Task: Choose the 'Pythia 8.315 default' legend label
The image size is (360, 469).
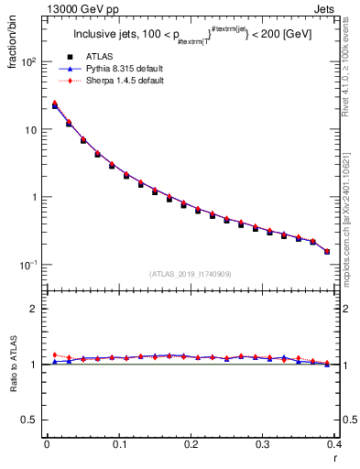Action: point(120,69)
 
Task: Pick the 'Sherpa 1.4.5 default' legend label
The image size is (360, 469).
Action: point(120,81)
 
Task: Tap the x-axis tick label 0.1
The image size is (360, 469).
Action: point(118,444)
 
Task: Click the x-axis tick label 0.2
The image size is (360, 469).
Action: point(191,444)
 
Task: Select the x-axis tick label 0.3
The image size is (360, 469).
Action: point(262,444)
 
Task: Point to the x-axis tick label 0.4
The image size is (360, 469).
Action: point(333,444)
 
